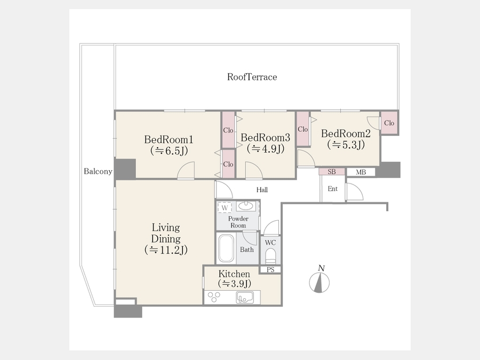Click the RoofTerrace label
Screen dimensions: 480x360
click(252, 77)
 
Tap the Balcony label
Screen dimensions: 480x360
click(98, 171)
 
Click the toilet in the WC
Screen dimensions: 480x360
click(270, 256)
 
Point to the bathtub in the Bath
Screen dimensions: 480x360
click(226, 248)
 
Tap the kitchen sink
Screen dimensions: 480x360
click(245, 297)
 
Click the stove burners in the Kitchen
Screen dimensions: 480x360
click(214, 297)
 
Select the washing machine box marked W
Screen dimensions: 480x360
click(225, 207)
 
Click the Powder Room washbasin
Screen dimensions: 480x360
click(246, 206)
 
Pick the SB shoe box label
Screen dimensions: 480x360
click(332, 172)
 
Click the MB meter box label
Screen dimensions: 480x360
click(361, 172)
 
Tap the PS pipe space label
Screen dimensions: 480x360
click(270, 270)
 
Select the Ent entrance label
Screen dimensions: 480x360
click(332, 189)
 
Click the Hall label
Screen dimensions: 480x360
click(262, 190)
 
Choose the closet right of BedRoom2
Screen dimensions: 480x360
click(389, 123)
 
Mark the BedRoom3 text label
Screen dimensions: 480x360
click(266, 138)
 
